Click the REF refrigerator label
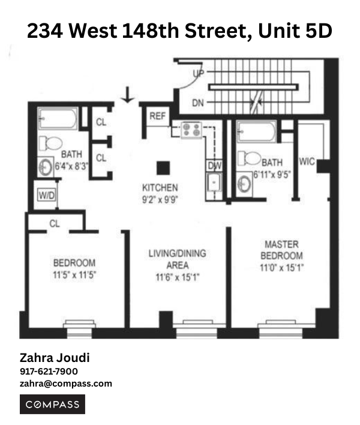[x=157, y=116]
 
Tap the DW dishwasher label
[x=214, y=166]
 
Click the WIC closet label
[x=307, y=162]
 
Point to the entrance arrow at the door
[x=127, y=94]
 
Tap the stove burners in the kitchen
[x=191, y=128]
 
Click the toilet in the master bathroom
[x=249, y=158]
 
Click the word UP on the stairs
[x=199, y=74]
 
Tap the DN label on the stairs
[x=198, y=103]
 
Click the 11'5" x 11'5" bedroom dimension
[x=74, y=274]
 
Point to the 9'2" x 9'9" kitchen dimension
[x=160, y=198]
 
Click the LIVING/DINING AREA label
[x=177, y=259]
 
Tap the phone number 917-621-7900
[x=49, y=372]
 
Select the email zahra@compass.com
[x=66, y=384]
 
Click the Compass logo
[x=53, y=405]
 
